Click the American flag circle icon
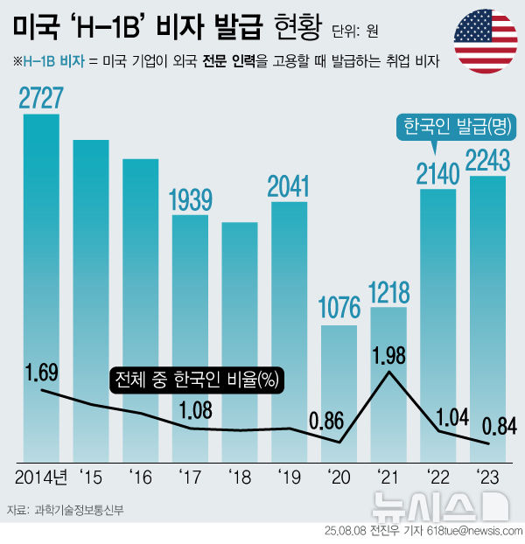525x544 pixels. (x=485, y=42)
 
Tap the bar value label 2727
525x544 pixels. (x=41, y=98)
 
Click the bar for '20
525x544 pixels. (x=339, y=385)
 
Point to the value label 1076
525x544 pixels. (x=339, y=308)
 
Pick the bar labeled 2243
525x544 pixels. (x=487, y=306)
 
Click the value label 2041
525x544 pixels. (x=289, y=185)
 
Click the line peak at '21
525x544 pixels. (x=388, y=373)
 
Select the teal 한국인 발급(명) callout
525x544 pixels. (x=456, y=127)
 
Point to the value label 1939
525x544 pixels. (x=190, y=199)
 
